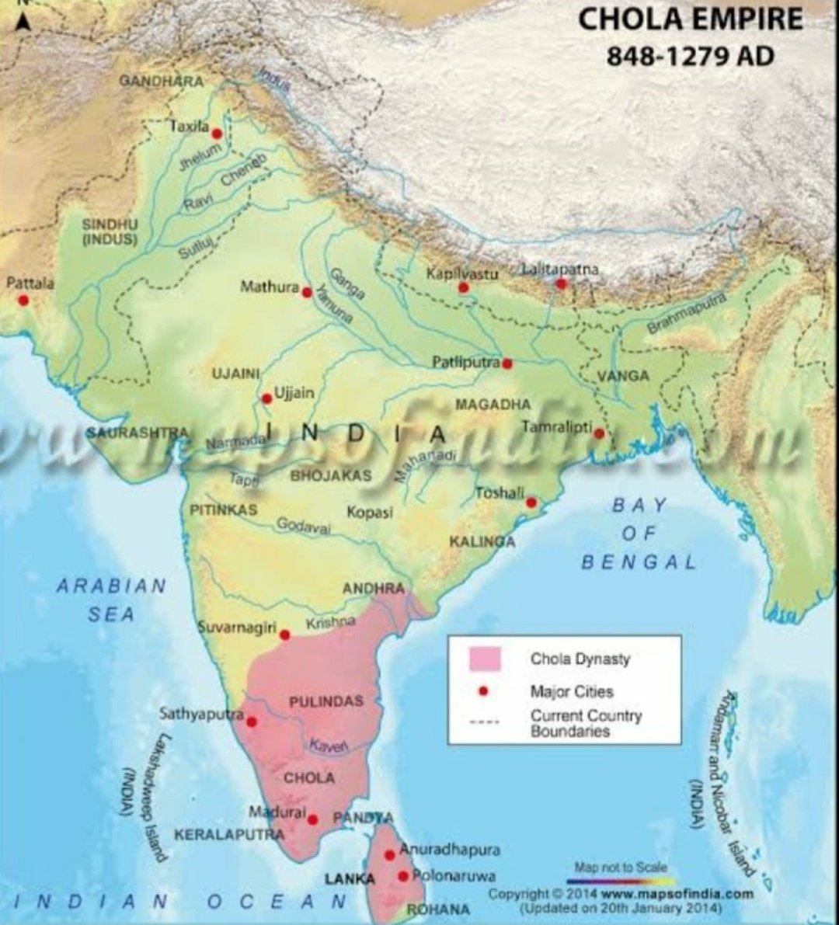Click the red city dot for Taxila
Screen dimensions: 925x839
click(217, 134)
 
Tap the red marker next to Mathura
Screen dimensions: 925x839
click(307, 293)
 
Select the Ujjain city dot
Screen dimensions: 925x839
click(266, 398)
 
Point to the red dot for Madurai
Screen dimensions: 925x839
click(312, 819)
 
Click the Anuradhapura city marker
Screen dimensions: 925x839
click(390, 855)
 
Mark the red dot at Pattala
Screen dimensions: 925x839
click(23, 300)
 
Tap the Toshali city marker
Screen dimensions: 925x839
click(531, 503)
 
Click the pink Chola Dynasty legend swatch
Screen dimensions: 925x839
click(485, 659)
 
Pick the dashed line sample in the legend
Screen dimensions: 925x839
click(485, 722)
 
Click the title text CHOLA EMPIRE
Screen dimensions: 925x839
click(690, 19)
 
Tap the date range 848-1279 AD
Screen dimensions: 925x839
click(690, 57)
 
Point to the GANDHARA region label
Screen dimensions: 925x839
click(162, 81)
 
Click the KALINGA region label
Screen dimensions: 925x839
click(482, 541)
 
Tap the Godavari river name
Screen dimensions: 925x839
click(304, 526)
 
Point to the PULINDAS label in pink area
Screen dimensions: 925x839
click(326, 702)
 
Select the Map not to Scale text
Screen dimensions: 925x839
click(621, 867)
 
